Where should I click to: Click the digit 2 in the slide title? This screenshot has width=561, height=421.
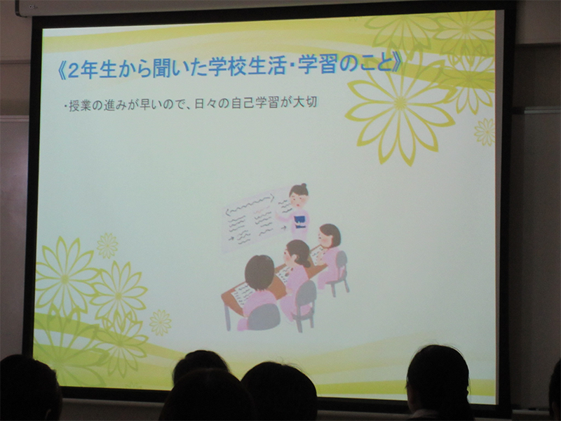coord(73,71)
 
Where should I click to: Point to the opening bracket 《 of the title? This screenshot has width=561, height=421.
coord(61,72)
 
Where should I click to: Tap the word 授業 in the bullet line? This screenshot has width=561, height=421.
coord(79,106)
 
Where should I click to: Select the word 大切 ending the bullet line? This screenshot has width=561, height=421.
coord(305,102)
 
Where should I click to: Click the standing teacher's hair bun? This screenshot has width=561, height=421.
coord(304,186)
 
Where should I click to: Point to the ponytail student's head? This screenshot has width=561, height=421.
coord(297,253)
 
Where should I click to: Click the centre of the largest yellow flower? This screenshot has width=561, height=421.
coord(400,103)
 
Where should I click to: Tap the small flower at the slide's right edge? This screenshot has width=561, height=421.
coord(485,132)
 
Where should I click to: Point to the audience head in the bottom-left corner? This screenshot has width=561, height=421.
coord(29,389)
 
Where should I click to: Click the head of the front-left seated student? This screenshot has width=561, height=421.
coord(259,272)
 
